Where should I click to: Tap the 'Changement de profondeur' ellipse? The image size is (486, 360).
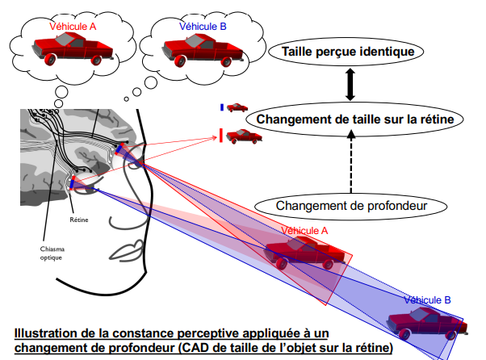click(351, 205)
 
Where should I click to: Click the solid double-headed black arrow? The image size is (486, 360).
click(350, 84)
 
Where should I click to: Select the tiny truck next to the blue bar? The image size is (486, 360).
click(237, 107)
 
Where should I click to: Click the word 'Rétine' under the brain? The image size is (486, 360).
click(78, 219)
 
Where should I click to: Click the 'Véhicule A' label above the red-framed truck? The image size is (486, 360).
click(304, 230)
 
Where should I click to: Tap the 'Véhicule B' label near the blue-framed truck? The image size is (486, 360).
click(426, 299)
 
